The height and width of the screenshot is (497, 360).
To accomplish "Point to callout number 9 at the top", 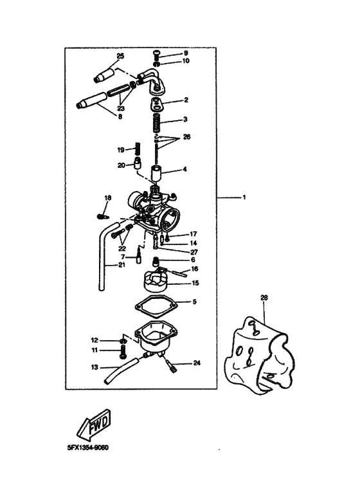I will [x=185, y=53].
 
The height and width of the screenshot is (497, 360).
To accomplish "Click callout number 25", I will [x=120, y=57].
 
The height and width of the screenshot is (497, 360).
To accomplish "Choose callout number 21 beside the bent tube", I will [x=122, y=265].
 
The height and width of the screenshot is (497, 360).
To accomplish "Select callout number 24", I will [x=197, y=363].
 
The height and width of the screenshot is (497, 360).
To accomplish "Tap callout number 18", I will [x=107, y=197].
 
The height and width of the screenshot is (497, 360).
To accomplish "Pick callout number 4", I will [x=185, y=170].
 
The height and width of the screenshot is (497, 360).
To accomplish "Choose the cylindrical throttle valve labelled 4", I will [x=156, y=174].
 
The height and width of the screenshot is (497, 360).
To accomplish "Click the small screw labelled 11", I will [x=122, y=352].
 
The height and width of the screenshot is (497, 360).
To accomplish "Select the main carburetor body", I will [x=152, y=210].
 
